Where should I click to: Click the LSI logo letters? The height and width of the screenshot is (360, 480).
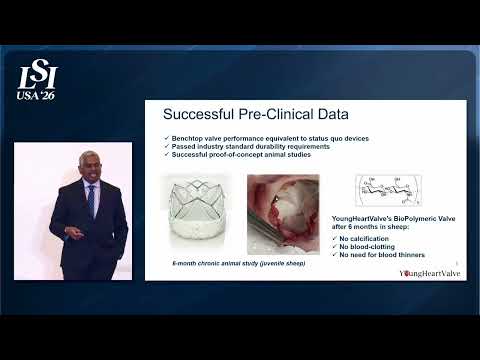37,76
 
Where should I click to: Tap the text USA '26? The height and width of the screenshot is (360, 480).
37,96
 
